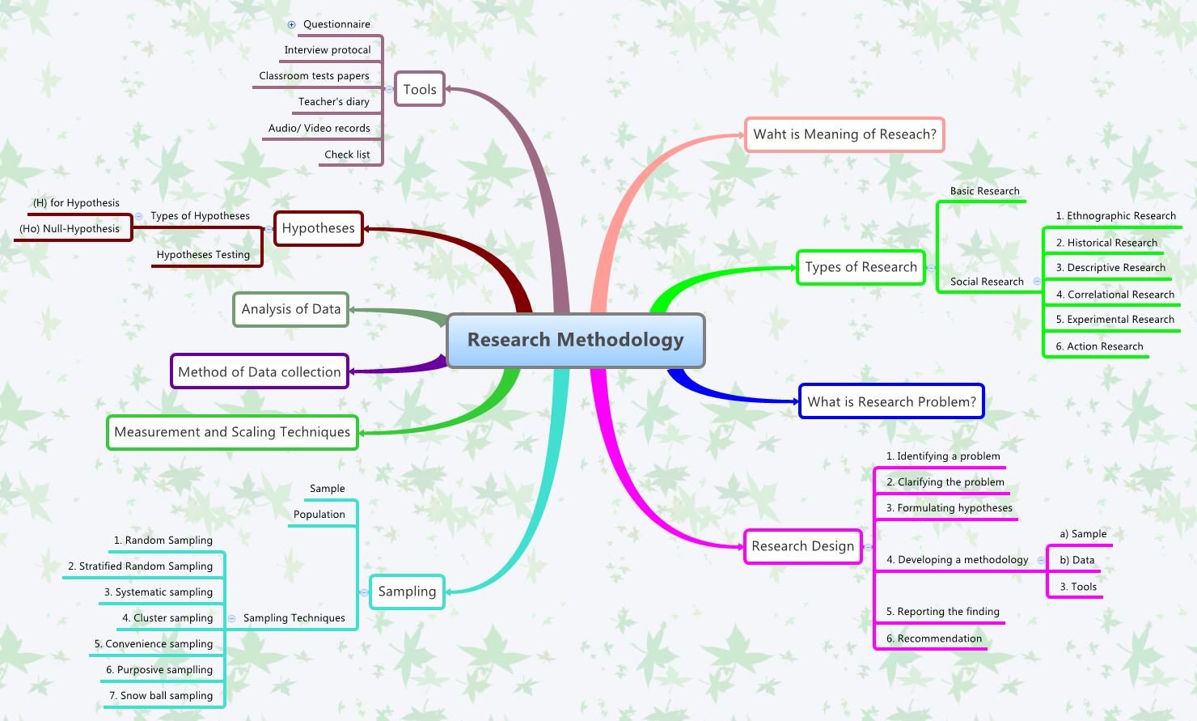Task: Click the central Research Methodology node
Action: [575, 340]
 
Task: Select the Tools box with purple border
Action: [420, 90]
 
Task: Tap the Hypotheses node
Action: [318, 228]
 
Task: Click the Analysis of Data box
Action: [290, 309]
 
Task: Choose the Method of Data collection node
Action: [259, 371]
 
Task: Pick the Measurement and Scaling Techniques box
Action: [232, 432]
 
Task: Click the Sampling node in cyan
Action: [407, 592]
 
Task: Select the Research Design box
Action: [802, 546]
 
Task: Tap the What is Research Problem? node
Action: [891, 401]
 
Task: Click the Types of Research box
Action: [861, 267]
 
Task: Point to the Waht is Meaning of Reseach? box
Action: [844, 134]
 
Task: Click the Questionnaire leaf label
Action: [336, 24]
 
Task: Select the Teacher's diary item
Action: [333, 102]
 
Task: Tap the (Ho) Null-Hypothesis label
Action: [70, 229]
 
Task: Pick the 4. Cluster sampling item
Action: [167, 618]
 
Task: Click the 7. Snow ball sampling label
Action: [161, 696]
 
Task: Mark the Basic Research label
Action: [984, 192]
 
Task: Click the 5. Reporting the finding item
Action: [942, 612]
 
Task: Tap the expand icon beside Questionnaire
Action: [292, 24]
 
